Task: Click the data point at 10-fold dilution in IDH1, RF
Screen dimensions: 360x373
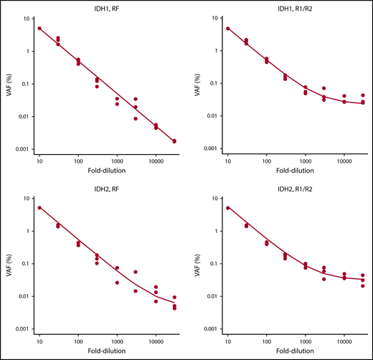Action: pos(39,29)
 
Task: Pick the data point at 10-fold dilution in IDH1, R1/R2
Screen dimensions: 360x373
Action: pos(227,29)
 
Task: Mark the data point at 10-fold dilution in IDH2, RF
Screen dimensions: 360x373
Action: pos(39,208)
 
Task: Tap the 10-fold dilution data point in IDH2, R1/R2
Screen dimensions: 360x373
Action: pos(227,208)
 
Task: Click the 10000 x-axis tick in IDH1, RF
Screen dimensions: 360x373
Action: pos(156,163)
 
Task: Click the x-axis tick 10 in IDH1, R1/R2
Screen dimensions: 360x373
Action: pos(227,163)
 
